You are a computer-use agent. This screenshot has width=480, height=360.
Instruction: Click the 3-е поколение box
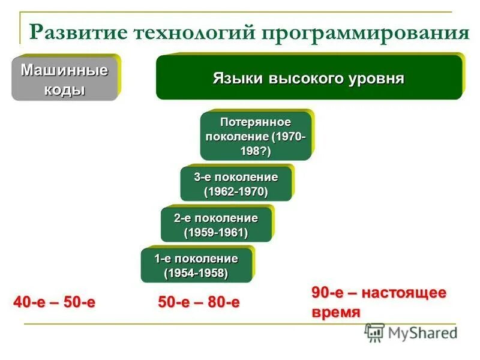pyautogui.click(x=236, y=184)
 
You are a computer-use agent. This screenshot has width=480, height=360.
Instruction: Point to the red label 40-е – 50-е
pyautogui.click(x=55, y=302)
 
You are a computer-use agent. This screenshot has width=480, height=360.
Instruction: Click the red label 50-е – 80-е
pyautogui.click(x=199, y=302)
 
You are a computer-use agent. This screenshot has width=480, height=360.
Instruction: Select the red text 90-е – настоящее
pyautogui.click(x=379, y=293)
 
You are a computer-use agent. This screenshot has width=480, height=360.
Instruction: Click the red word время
pyautogui.click(x=336, y=313)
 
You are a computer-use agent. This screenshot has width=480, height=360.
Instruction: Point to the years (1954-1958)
pyautogui.click(x=196, y=273)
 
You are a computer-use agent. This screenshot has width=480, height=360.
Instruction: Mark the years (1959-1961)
pyautogui.click(x=216, y=232)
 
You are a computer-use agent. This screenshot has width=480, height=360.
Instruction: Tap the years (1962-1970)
pyautogui.click(x=236, y=191)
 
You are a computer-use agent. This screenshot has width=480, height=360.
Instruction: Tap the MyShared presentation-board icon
pyautogui.click(x=375, y=332)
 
